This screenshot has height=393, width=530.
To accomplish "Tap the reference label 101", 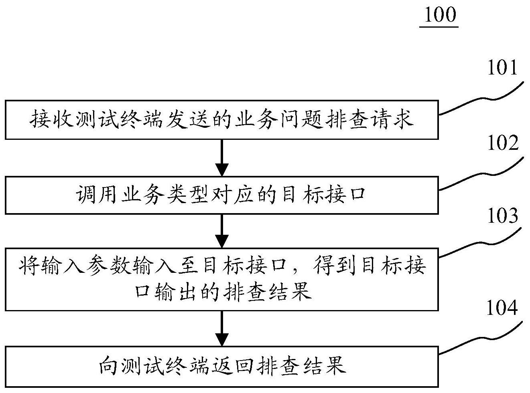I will tap(502, 68).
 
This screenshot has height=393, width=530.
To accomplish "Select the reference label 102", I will tap(502, 143).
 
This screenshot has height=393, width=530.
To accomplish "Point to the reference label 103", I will tap(502, 217).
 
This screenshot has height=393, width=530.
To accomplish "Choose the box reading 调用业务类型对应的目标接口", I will tap(221, 195).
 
